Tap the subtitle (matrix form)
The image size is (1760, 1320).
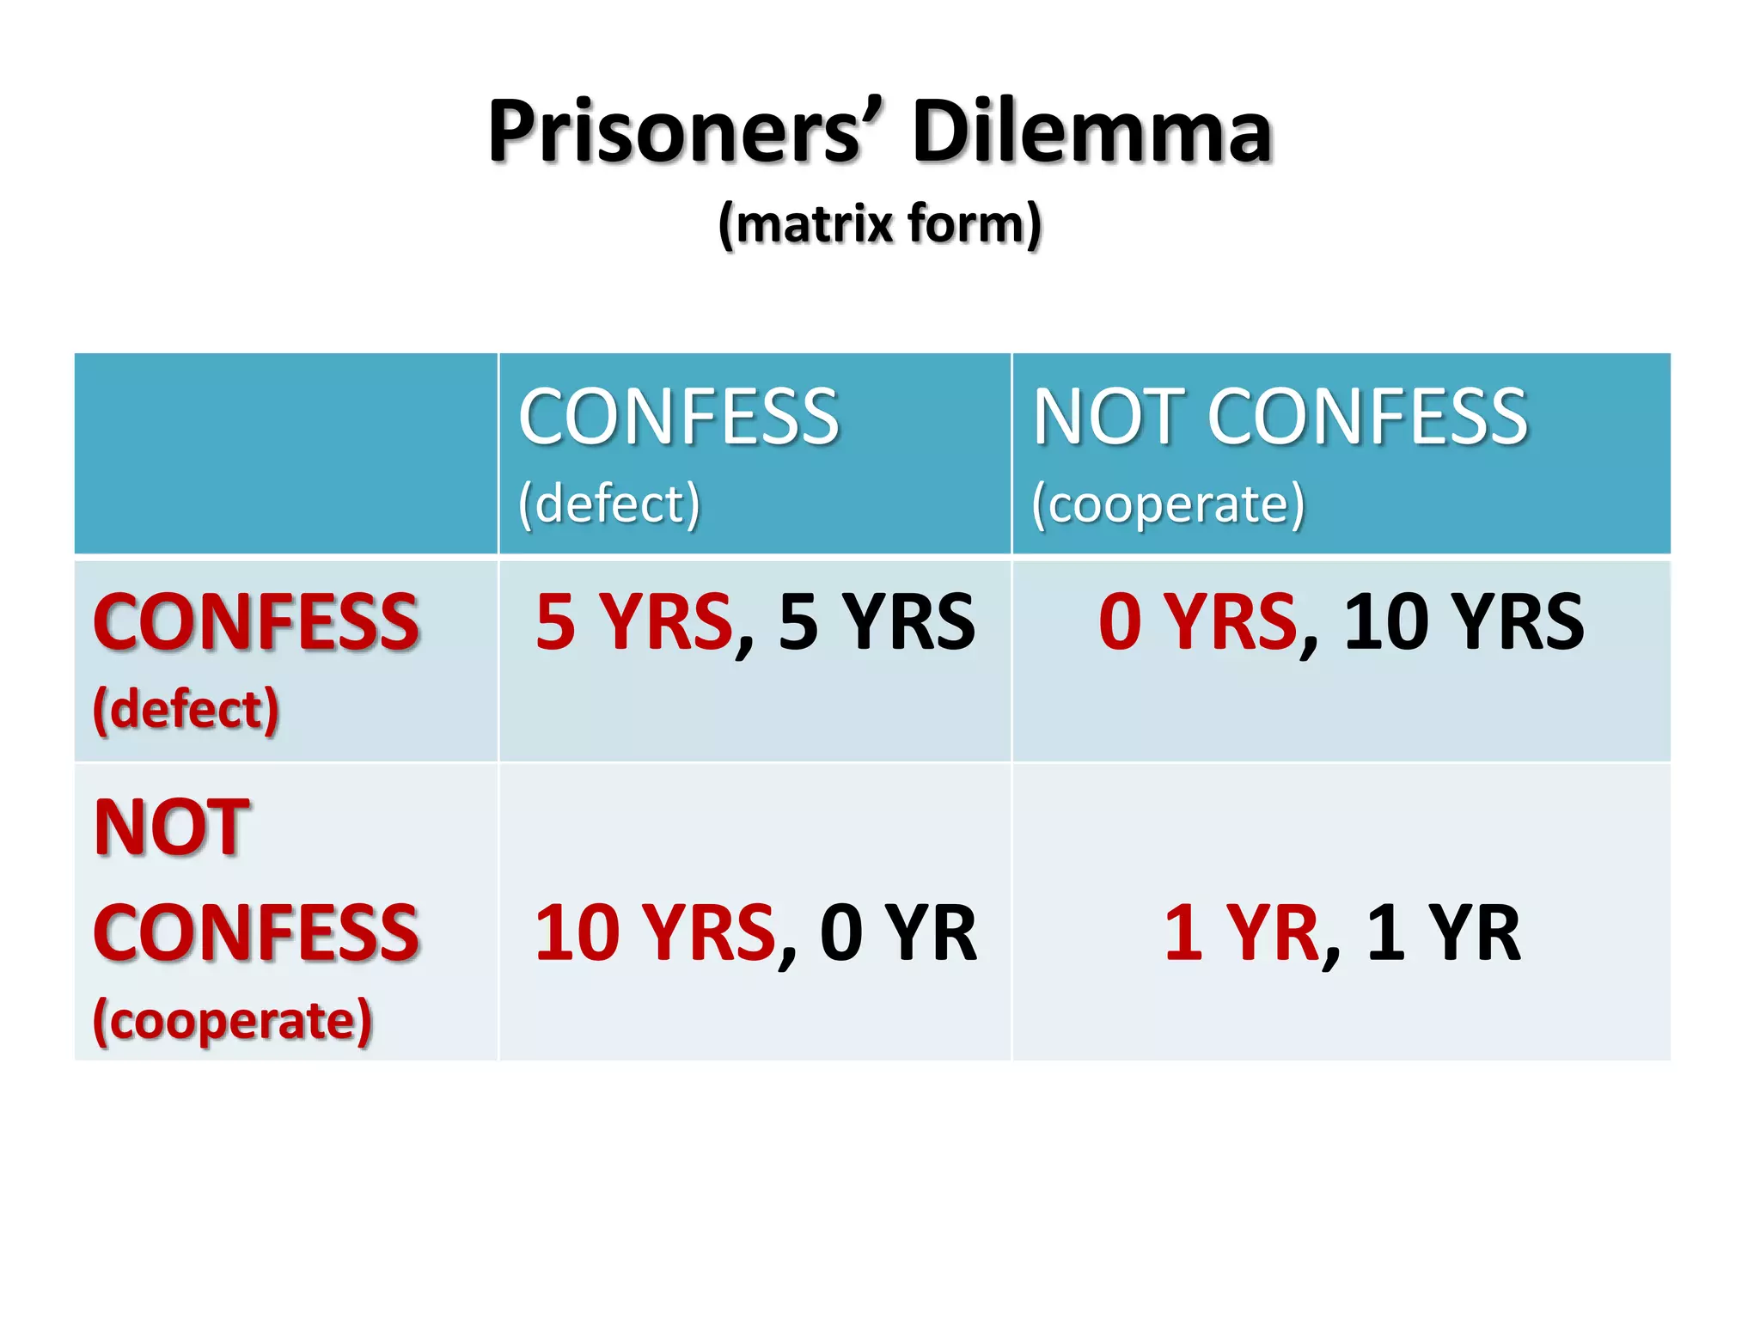coord(880,224)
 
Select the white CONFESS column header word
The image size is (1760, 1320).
coord(678,418)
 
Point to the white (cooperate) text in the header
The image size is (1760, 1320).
coord(1168,504)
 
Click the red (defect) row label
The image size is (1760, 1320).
coord(186,710)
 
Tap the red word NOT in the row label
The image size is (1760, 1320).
coord(172,827)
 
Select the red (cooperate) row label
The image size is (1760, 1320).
coord(232,1021)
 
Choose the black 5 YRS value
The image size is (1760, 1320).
coord(877,622)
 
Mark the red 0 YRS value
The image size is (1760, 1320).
coord(1197,622)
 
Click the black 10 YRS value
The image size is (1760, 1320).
coord(1464,622)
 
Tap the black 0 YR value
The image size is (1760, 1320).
coord(898,933)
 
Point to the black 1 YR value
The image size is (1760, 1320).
coord(1443,933)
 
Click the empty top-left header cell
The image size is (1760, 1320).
coord(286,453)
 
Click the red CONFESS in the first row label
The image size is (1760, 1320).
coord(256,622)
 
